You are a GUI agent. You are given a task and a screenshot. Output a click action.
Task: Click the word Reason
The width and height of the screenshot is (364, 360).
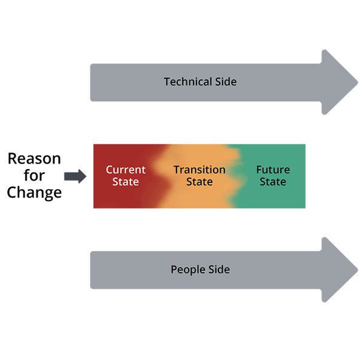click(35, 159)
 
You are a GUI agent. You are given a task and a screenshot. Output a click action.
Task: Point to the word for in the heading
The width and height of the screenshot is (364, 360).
click(35, 176)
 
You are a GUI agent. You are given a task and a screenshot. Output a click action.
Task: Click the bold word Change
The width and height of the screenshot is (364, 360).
click(35, 193)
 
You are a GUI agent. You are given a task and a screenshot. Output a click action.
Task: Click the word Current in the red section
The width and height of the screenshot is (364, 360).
click(126, 170)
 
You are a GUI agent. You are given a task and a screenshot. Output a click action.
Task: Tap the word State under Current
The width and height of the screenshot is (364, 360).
click(126, 181)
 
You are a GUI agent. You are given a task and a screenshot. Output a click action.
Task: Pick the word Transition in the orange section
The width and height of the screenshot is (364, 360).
click(200, 170)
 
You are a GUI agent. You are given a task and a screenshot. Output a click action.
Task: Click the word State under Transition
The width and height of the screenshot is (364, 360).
click(200, 181)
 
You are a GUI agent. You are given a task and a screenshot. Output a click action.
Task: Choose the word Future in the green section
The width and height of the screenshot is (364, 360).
click(273, 170)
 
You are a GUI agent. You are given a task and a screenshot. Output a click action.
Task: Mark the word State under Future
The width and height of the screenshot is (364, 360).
click(273, 181)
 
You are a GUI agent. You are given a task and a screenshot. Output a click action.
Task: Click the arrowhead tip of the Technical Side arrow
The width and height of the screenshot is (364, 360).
click(357, 81)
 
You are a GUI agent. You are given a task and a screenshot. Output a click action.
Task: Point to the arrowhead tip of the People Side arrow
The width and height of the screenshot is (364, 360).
click(357, 270)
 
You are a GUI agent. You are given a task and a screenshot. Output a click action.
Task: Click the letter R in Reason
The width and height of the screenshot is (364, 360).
click(13, 159)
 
